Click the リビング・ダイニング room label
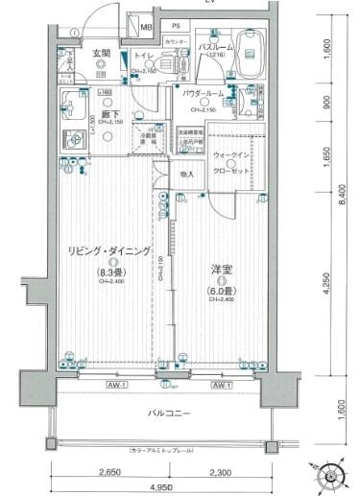[109, 250]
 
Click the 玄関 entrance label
[101, 53]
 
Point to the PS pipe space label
[176, 26]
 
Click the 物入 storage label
[187, 174]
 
